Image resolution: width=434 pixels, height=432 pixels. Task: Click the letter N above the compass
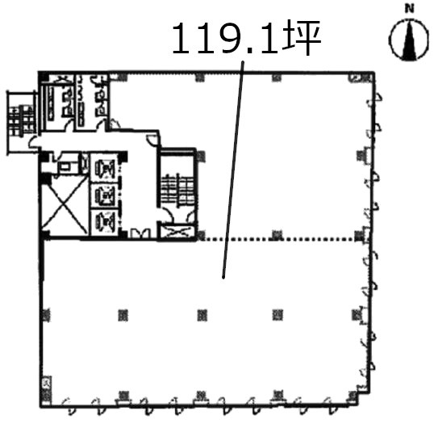[x=409, y=9]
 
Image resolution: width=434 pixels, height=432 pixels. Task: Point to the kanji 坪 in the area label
[x=303, y=37]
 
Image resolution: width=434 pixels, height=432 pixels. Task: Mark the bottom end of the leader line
[x=223, y=278]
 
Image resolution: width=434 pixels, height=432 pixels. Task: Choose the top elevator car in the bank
[x=104, y=168]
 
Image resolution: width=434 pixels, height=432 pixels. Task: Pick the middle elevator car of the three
[x=104, y=196]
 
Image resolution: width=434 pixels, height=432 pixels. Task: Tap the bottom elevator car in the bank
[x=104, y=222]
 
